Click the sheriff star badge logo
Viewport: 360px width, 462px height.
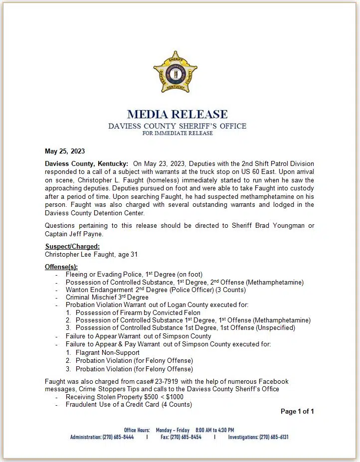(x=175, y=72)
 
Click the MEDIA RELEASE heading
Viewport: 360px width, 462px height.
(x=177, y=115)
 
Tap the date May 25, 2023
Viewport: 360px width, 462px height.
(x=65, y=152)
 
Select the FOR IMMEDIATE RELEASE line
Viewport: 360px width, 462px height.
(x=177, y=134)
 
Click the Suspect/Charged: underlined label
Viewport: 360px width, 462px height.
(x=72, y=246)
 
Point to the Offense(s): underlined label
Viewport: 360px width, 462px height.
(x=61, y=267)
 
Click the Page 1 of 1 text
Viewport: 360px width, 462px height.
(x=297, y=411)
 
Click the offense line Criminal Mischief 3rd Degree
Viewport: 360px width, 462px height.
(x=107, y=298)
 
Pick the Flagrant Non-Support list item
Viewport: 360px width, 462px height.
(x=107, y=352)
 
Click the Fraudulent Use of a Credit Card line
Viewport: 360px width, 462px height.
(x=128, y=404)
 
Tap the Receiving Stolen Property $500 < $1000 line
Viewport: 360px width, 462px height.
(x=124, y=397)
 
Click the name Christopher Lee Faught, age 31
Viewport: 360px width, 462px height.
(x=91, y=254)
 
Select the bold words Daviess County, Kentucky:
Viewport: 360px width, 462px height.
(x=86, y=164)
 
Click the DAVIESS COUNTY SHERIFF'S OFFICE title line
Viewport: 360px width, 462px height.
(x=177, y=126)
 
